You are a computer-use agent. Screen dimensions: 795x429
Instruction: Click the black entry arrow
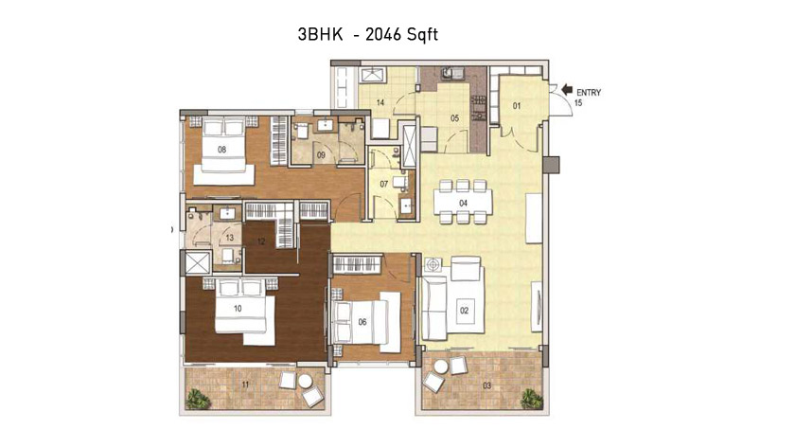pos(566,90)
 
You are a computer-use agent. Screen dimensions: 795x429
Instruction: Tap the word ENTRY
pos(589,93)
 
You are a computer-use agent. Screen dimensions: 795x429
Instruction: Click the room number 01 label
pos(517,106)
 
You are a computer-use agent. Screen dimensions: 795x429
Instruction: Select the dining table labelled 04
pos(463,203)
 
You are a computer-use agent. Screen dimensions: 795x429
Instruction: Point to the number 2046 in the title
pos(382,34)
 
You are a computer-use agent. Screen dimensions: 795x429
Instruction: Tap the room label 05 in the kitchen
pos(455,118)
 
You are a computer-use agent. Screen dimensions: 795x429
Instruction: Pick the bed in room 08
pos(224,150)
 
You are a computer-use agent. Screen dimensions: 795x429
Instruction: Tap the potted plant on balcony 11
pos(198,399)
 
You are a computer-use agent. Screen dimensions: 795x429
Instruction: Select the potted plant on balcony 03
pos(531,398)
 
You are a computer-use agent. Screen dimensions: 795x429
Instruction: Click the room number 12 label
pos(261,241)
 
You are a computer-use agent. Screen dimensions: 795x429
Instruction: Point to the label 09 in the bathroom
pos(321,155)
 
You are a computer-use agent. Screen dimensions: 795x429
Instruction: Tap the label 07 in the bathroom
pos(384,184)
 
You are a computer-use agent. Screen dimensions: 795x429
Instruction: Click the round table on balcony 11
pos(306,381)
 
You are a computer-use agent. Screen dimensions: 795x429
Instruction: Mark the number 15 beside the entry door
pos(578,103)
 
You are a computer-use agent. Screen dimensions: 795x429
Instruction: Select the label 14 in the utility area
pos(380,103)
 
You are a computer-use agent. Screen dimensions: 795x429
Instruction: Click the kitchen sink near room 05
pos(452,74)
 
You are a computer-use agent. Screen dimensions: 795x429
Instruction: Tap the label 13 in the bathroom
pos(230,238)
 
